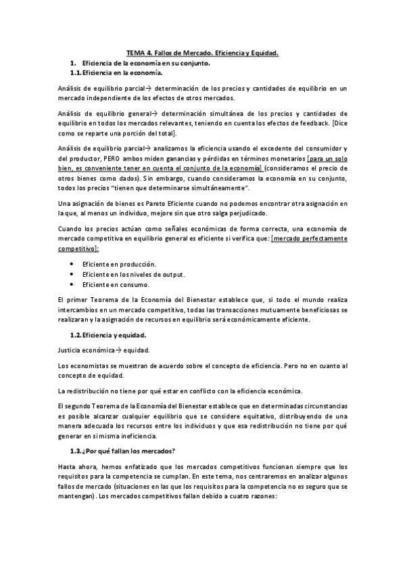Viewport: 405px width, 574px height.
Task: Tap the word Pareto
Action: pos(149,204)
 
